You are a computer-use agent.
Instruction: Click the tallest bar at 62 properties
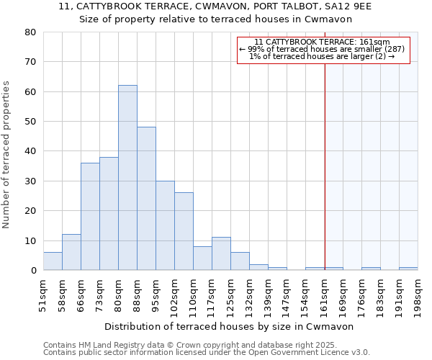127,178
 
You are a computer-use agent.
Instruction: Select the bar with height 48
146,199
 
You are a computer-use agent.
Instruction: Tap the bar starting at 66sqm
90,216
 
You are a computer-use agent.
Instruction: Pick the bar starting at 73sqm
109,213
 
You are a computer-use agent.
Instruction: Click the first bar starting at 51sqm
53,261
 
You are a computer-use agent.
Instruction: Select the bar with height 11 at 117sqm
221,253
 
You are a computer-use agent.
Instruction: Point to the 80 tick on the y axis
30,32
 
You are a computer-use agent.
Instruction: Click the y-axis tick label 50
30,122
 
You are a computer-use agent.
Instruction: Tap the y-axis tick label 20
30,211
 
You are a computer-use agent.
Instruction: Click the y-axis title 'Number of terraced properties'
6,154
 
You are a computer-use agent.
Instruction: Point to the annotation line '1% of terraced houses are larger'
322,56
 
